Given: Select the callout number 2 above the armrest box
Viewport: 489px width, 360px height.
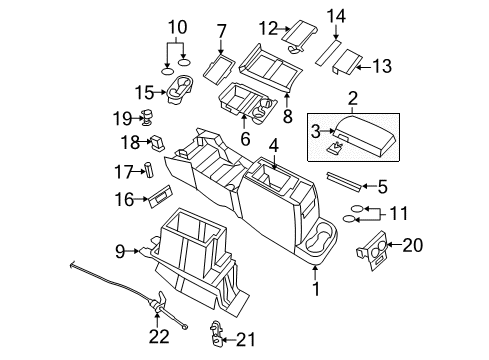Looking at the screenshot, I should tap(352, 98).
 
